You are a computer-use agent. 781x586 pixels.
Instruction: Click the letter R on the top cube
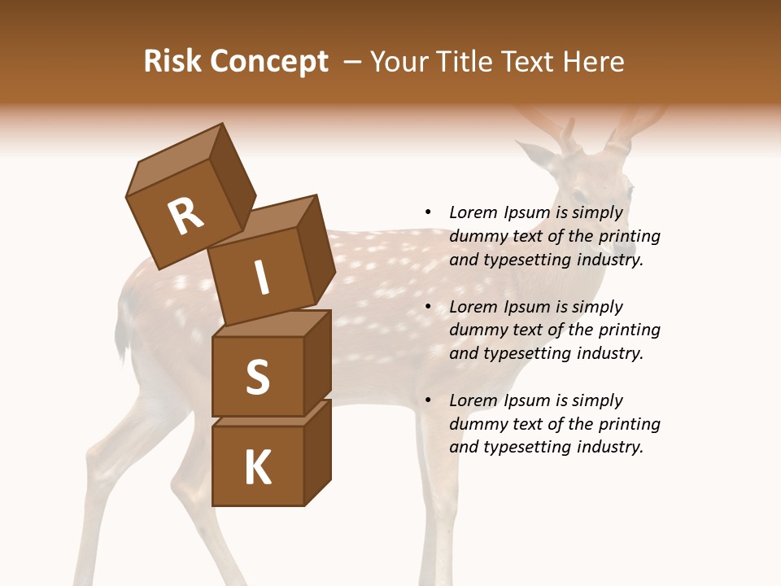click(x=185, y=217)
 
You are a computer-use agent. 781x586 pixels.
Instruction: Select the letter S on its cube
click(x=257, y=378)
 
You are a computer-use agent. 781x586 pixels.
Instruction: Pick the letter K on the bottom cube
click(x=257, y=468)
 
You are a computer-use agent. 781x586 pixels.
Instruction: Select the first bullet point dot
click(x=429, y=212)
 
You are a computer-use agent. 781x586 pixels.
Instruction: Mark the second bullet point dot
click(x=429, y=307)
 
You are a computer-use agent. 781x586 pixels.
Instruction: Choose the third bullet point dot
click(x=429, y=400)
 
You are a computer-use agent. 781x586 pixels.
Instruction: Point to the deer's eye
click(x=579, y=196)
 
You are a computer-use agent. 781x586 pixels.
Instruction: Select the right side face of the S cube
click(x=317, y=362)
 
